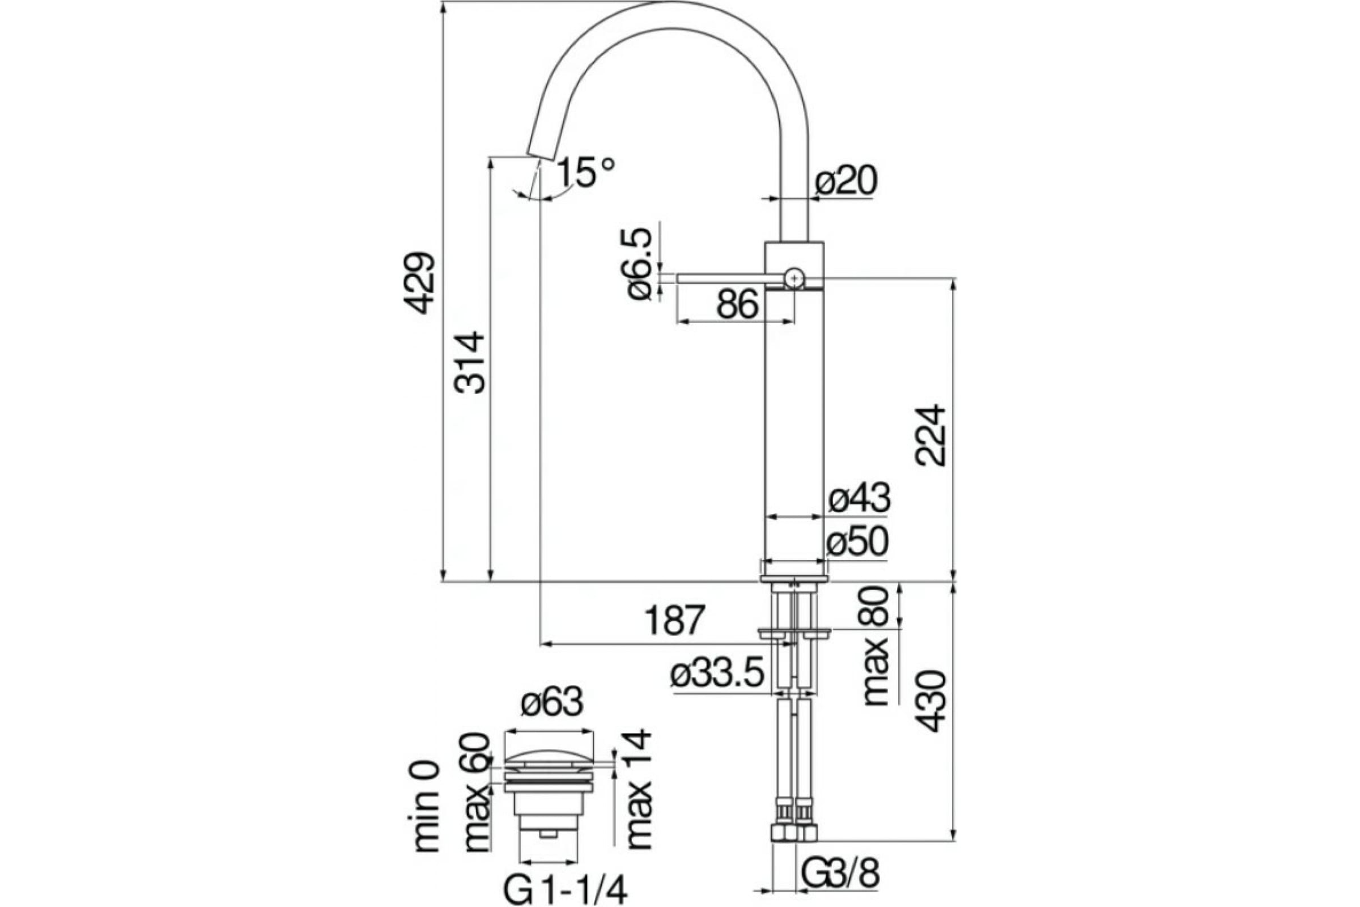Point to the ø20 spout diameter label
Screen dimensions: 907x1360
pyautogui.click(x=846, y=181)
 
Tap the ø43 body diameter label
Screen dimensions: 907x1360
pyautogui.click(x=858, y=498)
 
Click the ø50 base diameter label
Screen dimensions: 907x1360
pyautogui.click(x=856, y=543)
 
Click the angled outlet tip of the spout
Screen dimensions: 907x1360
pyautogui.click(x=136, y=149)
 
